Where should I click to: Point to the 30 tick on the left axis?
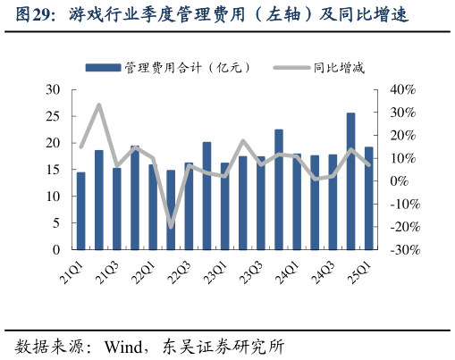(53, 90)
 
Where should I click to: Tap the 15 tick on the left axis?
(53, 170)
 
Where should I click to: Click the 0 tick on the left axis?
(56, 250)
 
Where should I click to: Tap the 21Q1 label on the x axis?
(66, 272)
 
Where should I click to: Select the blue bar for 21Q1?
(80, 211)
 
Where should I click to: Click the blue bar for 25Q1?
(368, 198)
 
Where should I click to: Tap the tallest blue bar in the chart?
(350, 181)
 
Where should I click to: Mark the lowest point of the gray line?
(171, 227)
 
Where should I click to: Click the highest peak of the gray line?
(98, 105)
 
